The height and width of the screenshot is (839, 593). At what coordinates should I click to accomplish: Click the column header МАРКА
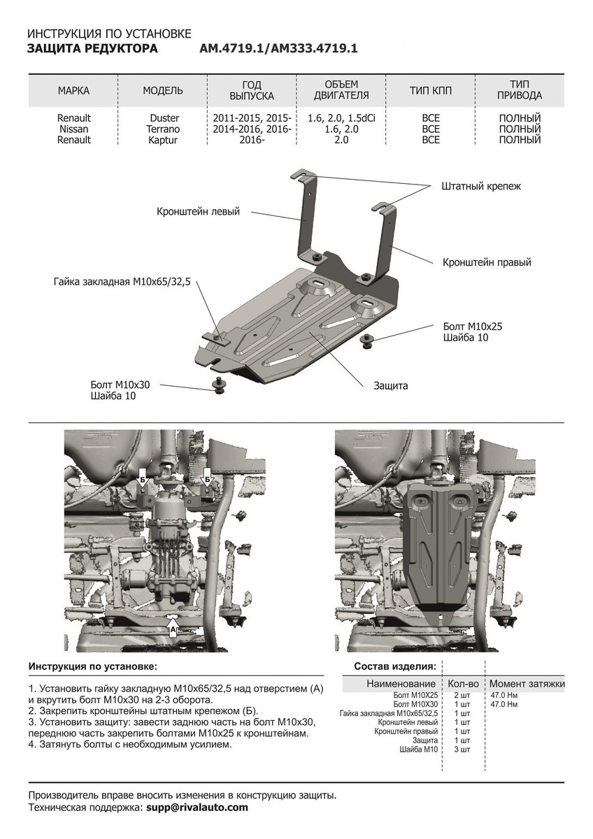pyautogui.click(x=73, y=91)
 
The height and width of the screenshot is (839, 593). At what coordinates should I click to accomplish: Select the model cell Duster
pyautogui.click(x=164, y=119)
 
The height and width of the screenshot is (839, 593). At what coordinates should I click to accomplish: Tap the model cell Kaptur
pyautogui.click(x=163, y=140)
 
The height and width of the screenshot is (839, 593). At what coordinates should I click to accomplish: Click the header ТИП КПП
pyautogui.click(x=431, y=91)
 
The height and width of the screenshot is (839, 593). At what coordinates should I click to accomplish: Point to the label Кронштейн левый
pyautogui.click(x=198, y=210)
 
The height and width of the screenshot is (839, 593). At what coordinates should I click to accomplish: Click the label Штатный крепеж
pyautogui.click(x=481, y=187)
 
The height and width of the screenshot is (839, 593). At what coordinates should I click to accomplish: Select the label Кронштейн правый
pyautogui.click(x=486, y=263)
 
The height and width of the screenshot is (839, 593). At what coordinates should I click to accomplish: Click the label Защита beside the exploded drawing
pyautogui.click(x=390, y=385)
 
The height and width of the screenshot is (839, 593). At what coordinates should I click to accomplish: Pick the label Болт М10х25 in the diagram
pyautogui.click(x=473, y=327)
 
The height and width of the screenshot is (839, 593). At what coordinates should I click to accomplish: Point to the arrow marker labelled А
pyautogui.click(x=173, y=628)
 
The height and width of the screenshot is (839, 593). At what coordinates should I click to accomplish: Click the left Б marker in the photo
pyautogui.click(x=142, y=480)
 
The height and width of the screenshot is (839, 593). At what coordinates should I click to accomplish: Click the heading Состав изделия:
pyautogui.click(x=395, y=666)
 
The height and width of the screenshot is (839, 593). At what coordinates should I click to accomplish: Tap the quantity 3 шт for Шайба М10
pyautogui.click(x=462, y=750)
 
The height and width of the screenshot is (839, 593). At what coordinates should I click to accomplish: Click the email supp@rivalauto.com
pyautogui.click(x=197, y=807)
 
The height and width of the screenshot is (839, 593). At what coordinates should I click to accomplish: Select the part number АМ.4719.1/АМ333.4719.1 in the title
pyautogui.click(x=278, y=49)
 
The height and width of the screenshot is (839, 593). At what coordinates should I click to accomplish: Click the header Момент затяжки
pyautogui.click(x=527, y=683)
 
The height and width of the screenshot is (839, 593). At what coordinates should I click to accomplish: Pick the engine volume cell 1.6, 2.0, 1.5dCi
pyautogui.click(x=341, y=119)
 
